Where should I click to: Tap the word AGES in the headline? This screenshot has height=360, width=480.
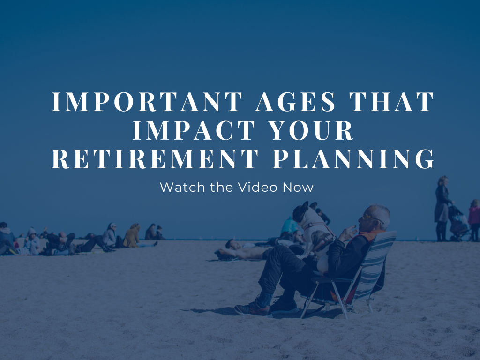pos(296,101)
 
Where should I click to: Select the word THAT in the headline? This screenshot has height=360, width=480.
pos(392,101)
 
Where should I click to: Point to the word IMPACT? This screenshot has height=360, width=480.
pos(194,130)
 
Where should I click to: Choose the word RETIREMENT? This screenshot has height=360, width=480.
pos(155,158)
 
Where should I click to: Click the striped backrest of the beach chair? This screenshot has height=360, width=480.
pos(374,263)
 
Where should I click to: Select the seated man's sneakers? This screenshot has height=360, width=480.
pos(266,306)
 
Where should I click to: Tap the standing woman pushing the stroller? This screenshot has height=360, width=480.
pos(443,208)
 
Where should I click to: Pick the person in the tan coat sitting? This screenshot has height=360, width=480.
pos(132,236)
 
